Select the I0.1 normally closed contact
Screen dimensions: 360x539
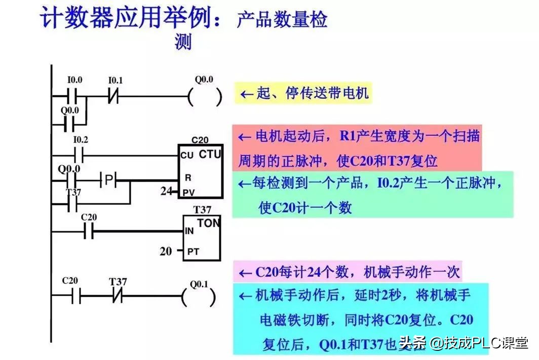[114, 96]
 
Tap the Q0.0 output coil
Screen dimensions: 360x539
[205, 96]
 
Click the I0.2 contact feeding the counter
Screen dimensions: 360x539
[79, 154]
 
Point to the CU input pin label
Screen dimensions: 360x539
[186, 156]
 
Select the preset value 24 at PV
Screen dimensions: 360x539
[166, 192]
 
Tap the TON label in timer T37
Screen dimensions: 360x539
[208, 223]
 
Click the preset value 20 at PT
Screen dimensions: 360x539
[166, 250]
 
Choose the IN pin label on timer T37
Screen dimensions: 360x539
[189, 231]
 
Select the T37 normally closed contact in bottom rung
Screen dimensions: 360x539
[118, 296]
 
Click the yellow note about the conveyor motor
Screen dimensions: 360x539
[302, 93]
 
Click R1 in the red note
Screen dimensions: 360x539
[349, 136]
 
